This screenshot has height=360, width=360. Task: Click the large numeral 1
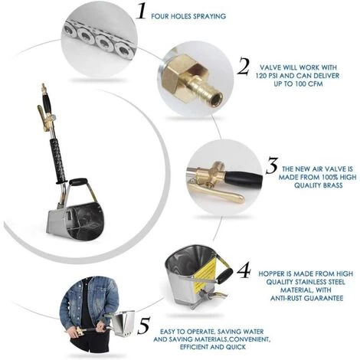click(x=141, y=11)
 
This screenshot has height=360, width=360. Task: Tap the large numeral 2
click(x=244, y=67)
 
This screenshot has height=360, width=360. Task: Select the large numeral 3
click(x=272, y=166)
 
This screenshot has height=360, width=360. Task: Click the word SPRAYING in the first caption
click(x=209, y=16)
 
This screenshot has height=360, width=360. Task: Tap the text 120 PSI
click(x=269, y=76)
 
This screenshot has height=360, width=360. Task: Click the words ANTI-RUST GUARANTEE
click(x=306, y=298)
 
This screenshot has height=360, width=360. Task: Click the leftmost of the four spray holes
click(x=69, y=30)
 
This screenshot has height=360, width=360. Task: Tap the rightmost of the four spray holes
click(x=123, y=50)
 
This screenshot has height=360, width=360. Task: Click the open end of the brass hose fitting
click(x=218, y=97)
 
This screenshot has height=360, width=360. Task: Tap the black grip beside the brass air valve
click(x=244, y=178)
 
